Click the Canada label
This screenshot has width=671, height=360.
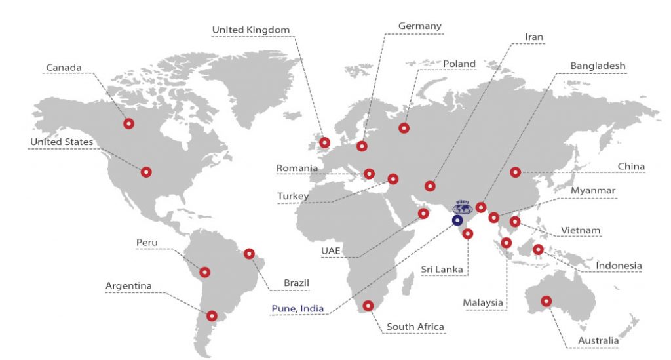tap(64, 67)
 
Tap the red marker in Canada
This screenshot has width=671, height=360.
tap(128, 123)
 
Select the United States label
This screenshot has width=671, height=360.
tap(62, 142)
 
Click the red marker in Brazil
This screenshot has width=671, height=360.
tap(249, 253)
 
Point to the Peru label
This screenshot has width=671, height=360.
tap(147, 243)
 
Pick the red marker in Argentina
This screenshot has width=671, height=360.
tap(212, 315)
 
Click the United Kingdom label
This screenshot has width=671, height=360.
tap(251, 30)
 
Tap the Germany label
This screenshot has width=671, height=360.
tap(420, 26)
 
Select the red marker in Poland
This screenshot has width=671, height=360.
tap(404, 128)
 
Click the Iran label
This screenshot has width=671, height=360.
tap(534, 37)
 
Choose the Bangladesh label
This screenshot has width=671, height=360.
tap(598, 66)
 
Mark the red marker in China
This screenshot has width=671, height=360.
tap(515, 172)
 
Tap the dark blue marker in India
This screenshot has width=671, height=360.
tap(457, 220)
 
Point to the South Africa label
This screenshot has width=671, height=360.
tap(415, 327)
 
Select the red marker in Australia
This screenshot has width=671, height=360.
tap(546, 302)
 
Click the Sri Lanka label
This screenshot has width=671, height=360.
tap(442, 269)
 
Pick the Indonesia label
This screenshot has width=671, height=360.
tap(619, 266)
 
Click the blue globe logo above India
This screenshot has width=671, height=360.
tap(464, 208)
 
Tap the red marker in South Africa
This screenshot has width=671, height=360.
tap(368, 305)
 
